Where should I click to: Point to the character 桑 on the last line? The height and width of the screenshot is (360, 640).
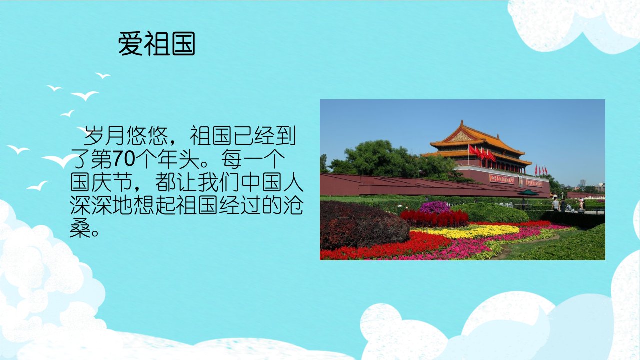pyautogui.click(x=80, y=228)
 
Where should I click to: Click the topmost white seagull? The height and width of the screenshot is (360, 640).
pyautogui.click(x=103, y=75)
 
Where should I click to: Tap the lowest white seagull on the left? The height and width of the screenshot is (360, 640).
pyautogui.click(x=37, y=186)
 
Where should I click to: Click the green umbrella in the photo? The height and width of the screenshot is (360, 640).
pyautogui.click(x=528, y=193)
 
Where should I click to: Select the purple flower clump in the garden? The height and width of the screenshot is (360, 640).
pyautogui.click(x=435, y=207)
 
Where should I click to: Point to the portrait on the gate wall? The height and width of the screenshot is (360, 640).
pyautogui.click(x=520, y=181)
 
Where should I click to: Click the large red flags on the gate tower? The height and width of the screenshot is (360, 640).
pyautogui.click(x=481, y=153)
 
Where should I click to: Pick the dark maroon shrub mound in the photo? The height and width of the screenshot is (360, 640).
pyautogui.click(x=363, y=225)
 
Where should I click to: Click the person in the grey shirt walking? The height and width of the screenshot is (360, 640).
pyautogui.click(x=555, y=203)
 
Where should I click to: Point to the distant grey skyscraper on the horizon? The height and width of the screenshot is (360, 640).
pyautogui.click(x=583, y=183)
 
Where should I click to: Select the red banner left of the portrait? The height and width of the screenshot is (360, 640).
pyautogui.click(x=501, y=179)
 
